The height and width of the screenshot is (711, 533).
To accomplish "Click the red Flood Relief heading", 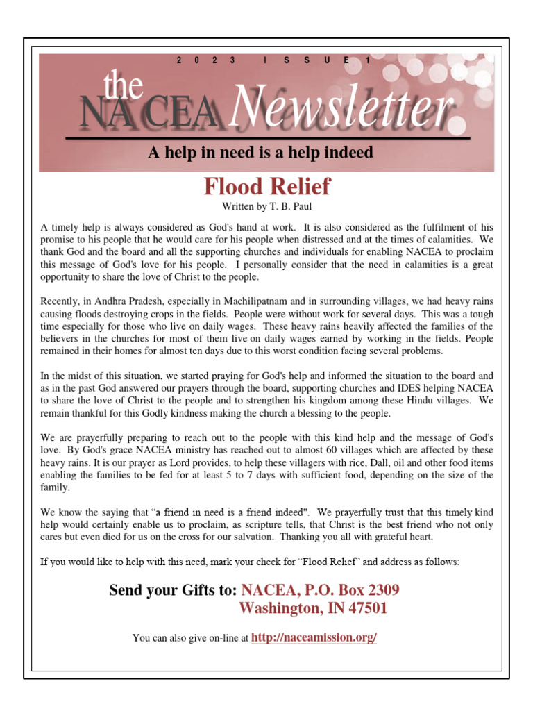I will pos(266,187).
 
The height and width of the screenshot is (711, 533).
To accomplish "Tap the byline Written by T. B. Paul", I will pos(266,207).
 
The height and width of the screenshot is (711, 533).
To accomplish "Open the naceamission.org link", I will pos(314,637).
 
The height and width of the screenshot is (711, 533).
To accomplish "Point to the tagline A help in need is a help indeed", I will pos(260,153).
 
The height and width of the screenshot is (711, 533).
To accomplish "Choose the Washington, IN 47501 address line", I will pos(313,609).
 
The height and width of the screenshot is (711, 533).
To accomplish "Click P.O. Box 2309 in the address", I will pos(354,591).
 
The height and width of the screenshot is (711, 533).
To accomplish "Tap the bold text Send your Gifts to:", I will pos(173,591).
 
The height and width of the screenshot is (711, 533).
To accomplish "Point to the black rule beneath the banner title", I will pos(267,138).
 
